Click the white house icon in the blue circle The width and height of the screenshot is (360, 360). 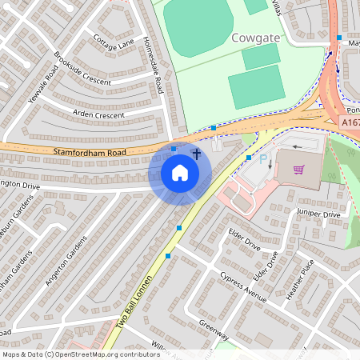point(180,173)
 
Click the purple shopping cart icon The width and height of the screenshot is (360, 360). point(299,169)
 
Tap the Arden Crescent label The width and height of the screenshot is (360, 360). point(99,115)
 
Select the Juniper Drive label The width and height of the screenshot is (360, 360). point(318,214)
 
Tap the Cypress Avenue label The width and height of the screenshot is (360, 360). point(243,286)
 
